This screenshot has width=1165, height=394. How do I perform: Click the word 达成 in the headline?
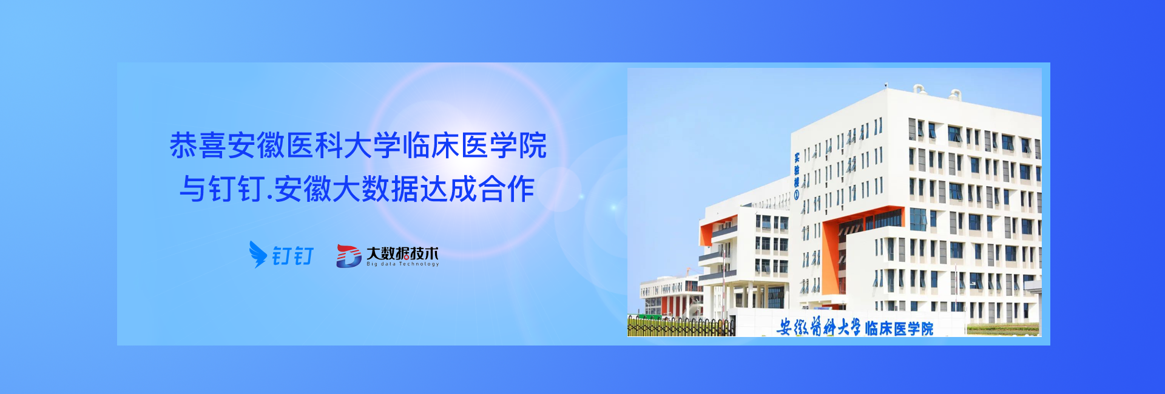tap(449, 189)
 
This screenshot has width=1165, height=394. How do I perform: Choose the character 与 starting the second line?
tap(194, 189)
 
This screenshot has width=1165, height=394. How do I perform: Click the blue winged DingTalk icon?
tap(258, 255)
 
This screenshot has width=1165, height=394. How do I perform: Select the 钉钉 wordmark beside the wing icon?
tap(293, 256)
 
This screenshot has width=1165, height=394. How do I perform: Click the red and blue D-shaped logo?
tap(349, 256)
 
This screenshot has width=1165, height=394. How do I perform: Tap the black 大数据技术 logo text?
tap(402, 253)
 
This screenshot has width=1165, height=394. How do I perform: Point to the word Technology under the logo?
tap(419, 264)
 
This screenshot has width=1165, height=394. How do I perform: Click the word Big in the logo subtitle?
tap(372, 264)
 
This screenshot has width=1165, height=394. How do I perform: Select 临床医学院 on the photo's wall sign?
tap(899, 329)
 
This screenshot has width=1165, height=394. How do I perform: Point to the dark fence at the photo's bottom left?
tap(681, 327)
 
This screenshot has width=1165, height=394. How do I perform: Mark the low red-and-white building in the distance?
tap(670, 297)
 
